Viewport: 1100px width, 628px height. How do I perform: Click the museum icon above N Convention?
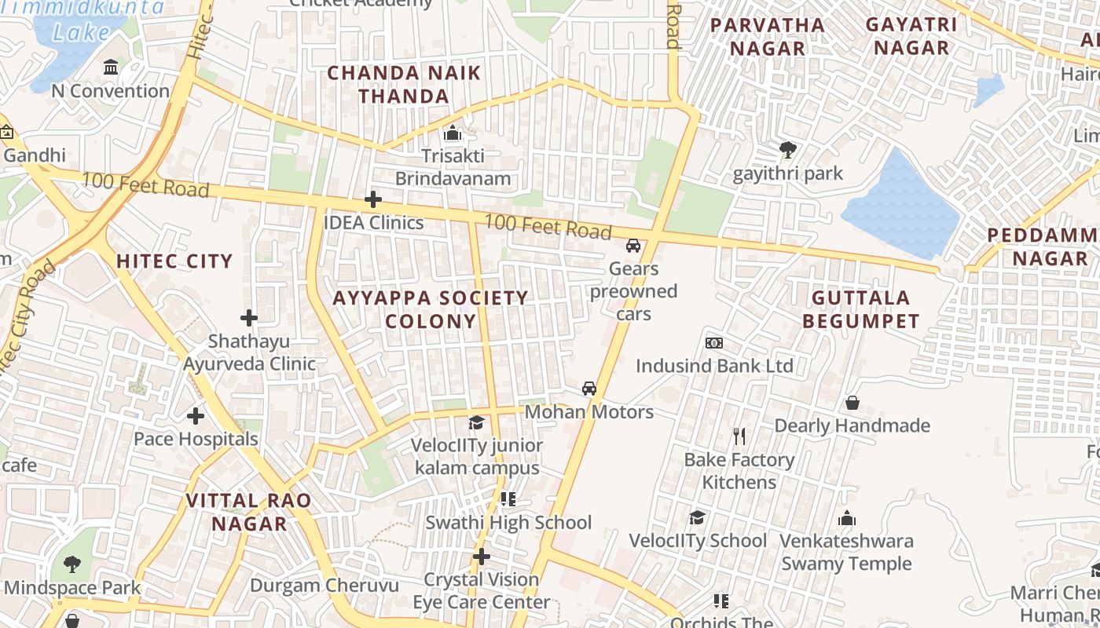pos(111,68)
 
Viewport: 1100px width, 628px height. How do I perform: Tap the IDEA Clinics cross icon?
pos(373,199)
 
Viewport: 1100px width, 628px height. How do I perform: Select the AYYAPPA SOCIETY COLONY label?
pos(431,309)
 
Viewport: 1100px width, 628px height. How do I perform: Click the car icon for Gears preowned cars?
pos(633,246)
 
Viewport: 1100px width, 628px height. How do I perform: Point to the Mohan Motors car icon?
pos(588,389)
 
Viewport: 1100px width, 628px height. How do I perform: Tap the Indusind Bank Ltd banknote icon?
pos(714,343)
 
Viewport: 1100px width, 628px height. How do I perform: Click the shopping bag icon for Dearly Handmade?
pos(852,403)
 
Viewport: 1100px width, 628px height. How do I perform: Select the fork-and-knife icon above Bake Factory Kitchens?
pos(739,436)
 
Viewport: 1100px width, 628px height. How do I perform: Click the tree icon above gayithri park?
pos(787,149)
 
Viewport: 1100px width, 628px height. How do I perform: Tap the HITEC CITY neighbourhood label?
pos(174,261)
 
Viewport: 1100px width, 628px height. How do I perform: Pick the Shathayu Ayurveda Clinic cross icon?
pos(249,318)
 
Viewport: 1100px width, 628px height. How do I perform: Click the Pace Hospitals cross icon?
pos(196,416)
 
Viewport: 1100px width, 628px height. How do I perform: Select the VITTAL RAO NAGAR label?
pos(248,512)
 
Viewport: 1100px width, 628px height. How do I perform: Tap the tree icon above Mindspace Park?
pos(72,564)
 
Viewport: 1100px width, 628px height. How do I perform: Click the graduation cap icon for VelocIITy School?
pos(697,517)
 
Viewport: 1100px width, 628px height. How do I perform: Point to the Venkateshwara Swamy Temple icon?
pos(846,518)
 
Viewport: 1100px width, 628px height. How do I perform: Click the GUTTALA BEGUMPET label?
pos(861,309)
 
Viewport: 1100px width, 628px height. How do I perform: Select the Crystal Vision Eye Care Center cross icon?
pos(482,557)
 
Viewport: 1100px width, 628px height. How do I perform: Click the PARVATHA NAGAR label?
pos(768,36)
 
